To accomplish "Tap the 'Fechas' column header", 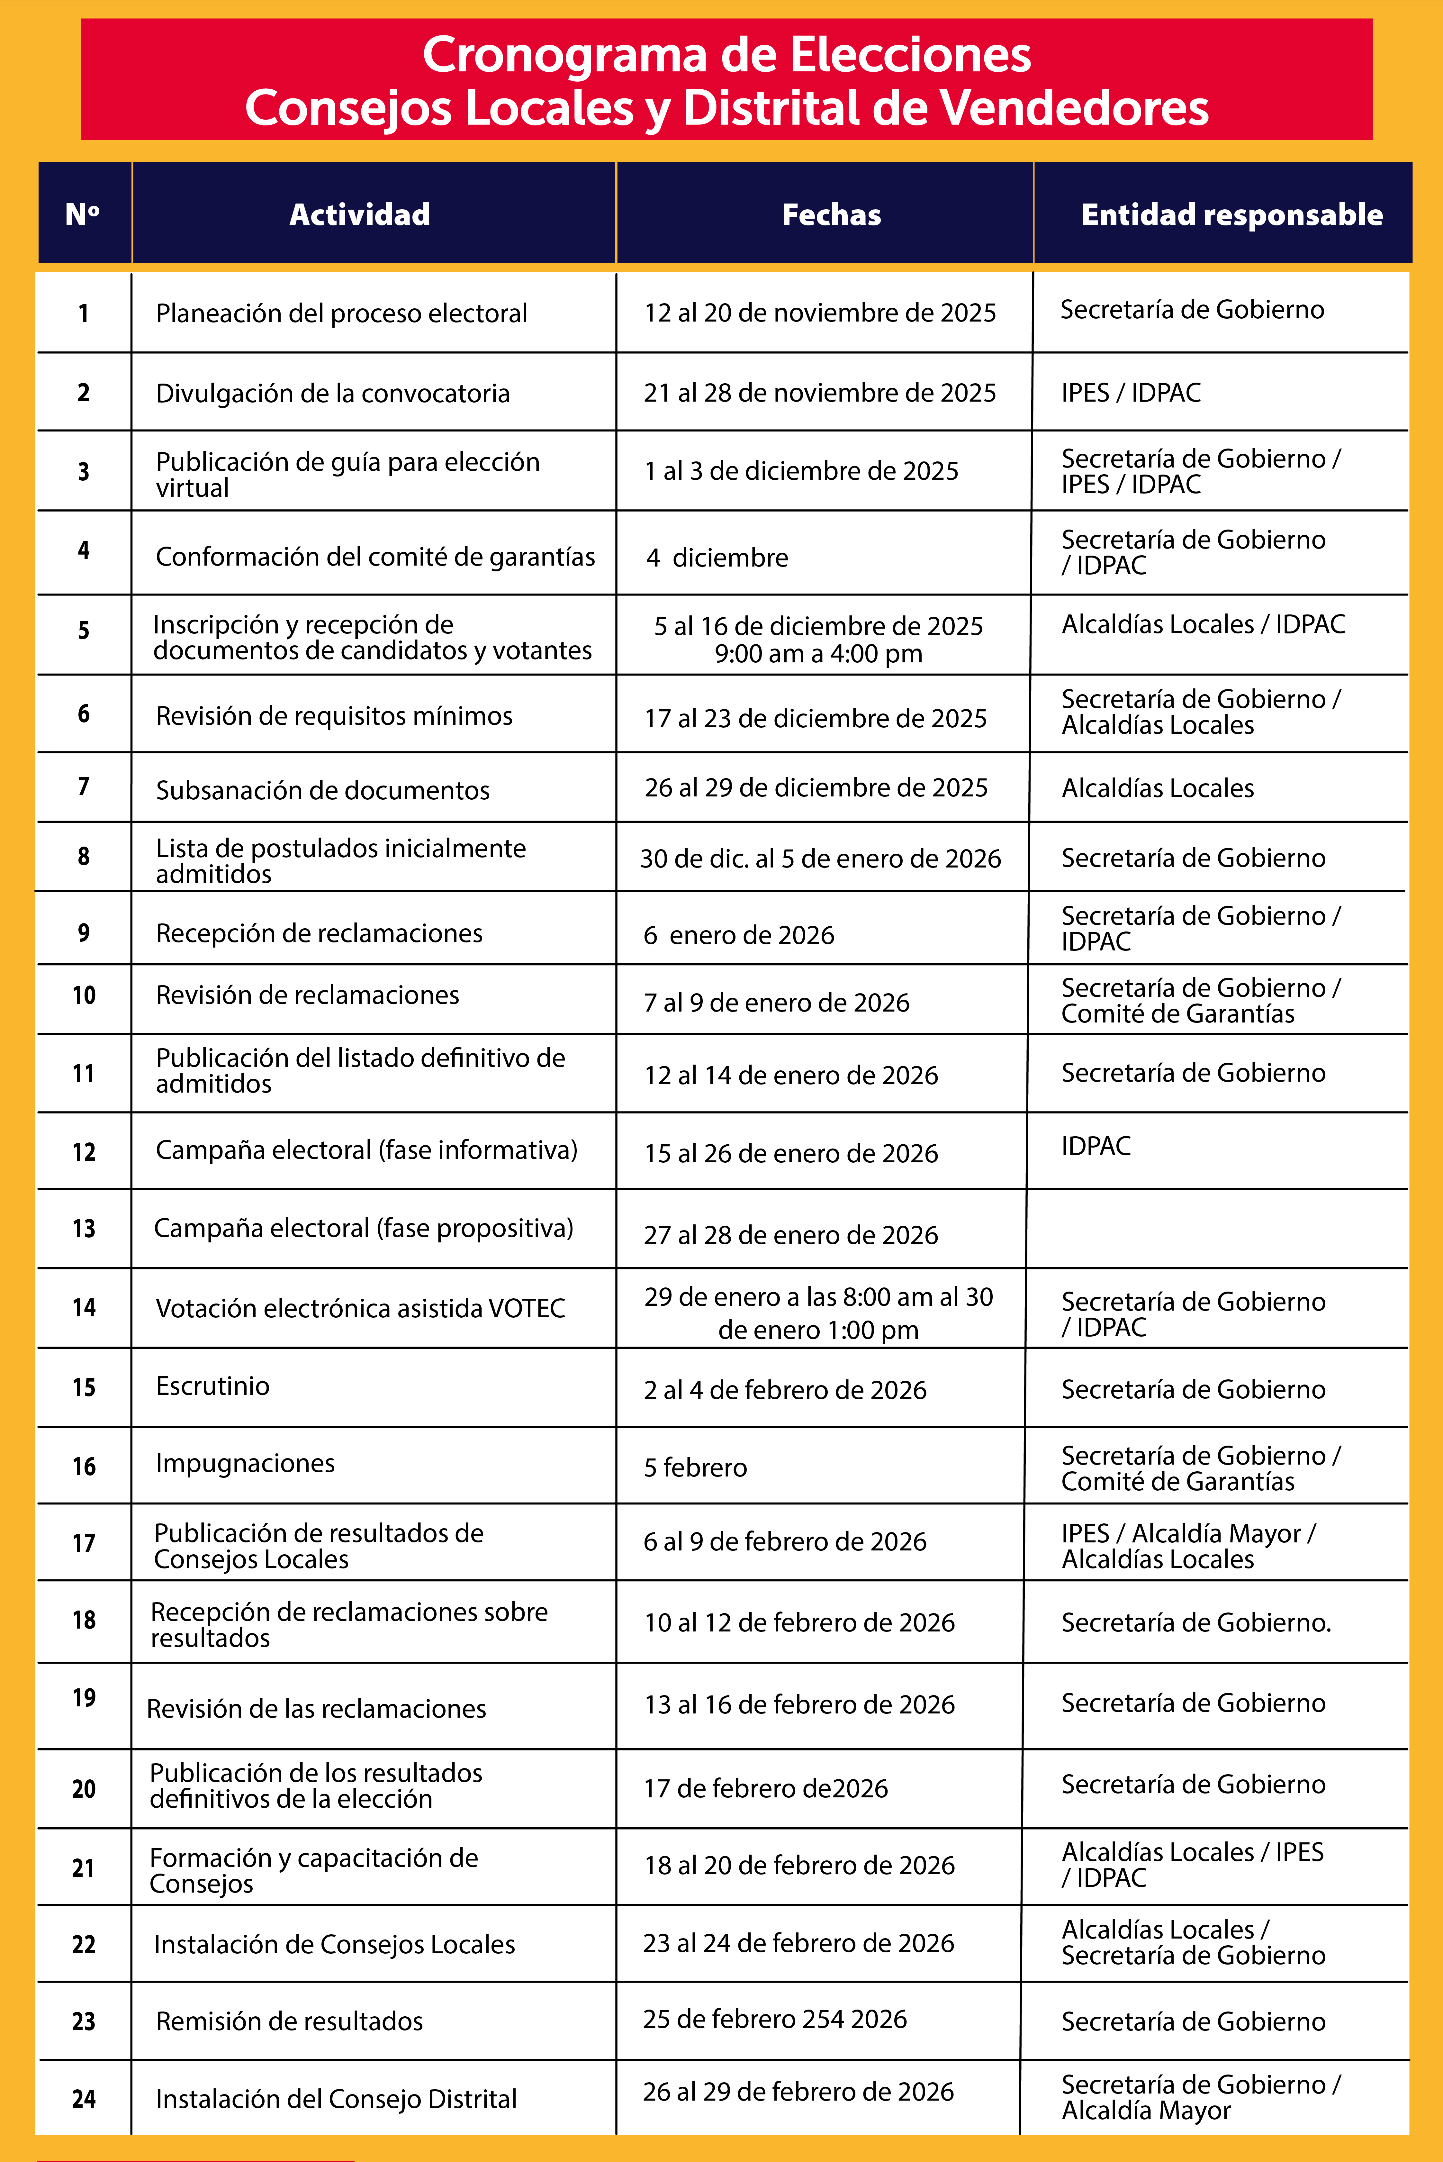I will tap(831, 214).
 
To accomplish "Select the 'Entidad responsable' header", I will tap(1231, 214).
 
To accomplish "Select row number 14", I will tap(84, 1308).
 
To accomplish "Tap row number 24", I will tap(84, 2098).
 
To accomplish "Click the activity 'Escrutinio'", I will tap(212, 1386).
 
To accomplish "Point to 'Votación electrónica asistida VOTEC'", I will tap(360, 1308).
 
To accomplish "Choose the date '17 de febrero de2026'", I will tap(766, 1788).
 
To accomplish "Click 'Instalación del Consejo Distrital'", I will tap(336, 2098).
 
